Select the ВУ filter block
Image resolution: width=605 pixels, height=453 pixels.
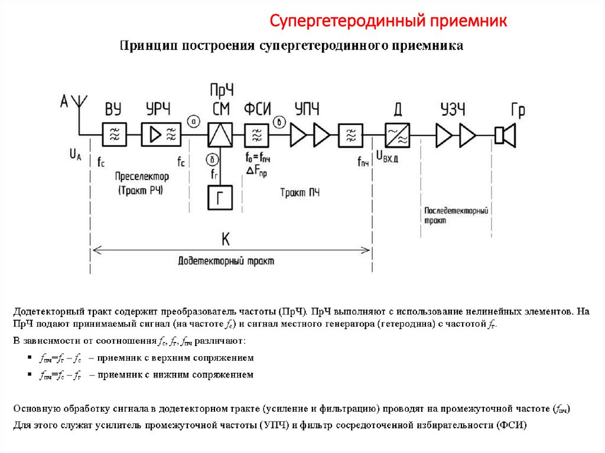pos(113,135)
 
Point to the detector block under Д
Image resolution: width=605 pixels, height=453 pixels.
pos(398,135)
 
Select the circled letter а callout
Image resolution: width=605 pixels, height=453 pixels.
pos(195,121)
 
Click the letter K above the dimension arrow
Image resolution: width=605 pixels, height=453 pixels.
pos(226,239)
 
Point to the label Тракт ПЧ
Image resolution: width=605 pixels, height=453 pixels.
pos(300,192)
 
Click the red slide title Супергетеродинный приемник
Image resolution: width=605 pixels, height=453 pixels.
pos(388,22)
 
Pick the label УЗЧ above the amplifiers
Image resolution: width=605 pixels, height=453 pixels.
pos(453,109)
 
